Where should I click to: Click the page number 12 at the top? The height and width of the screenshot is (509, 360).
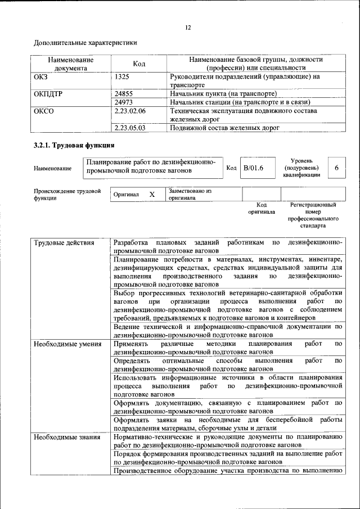[x=188, y=28]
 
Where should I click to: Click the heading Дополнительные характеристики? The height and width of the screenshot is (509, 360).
[x=85, y=43]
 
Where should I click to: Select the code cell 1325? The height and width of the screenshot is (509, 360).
[x=123, y=76]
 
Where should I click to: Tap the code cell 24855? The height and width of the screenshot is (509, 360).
[x=123, y=93]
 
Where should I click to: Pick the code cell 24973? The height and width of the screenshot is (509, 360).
[x=123, y=102]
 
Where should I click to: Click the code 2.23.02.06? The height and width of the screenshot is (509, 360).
[x=129, y=111]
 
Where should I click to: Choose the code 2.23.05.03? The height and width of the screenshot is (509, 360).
[x=129, y=128]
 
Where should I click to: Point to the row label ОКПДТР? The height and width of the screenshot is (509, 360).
[x=48, y=93]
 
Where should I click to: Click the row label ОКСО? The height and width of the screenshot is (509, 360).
[x=43, y=111]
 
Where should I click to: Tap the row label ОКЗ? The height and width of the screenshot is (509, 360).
[x=41, y=76]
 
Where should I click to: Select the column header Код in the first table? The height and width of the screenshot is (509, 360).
[x=139, y=64]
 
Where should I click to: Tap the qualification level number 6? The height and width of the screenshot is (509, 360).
[x=336, y=168]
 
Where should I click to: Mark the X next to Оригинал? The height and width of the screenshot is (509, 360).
[x=151, y=194]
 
